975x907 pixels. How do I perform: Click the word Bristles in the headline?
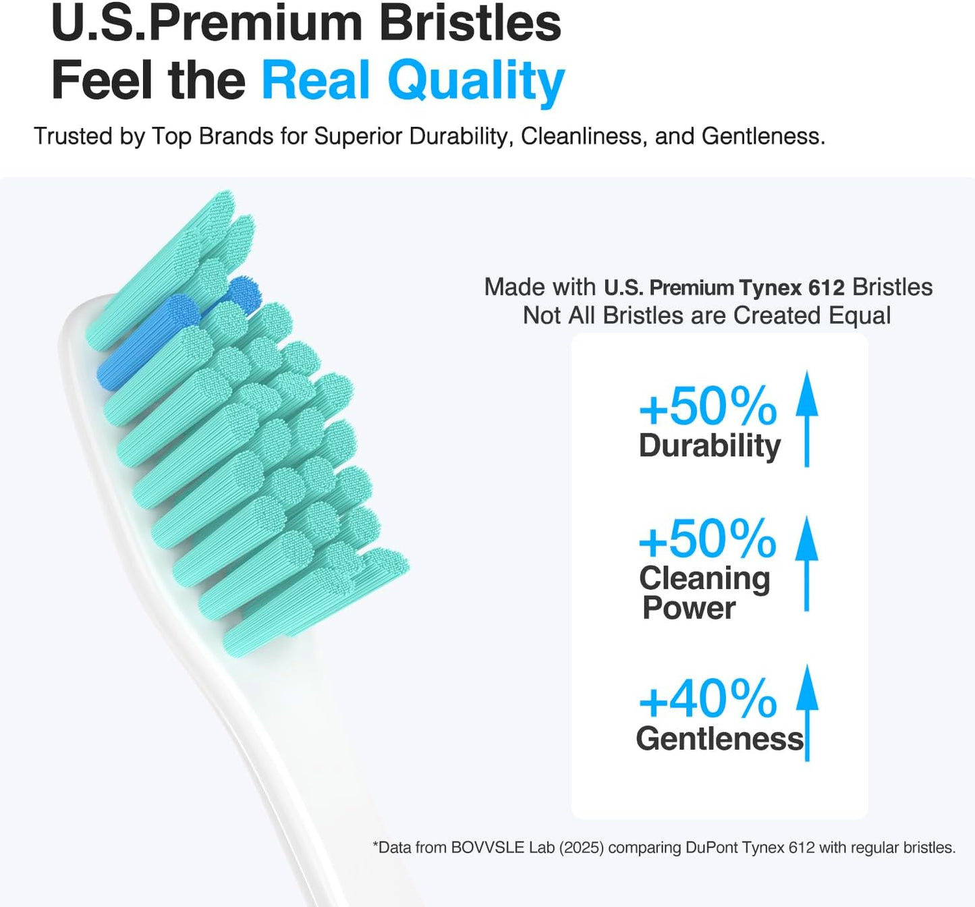pyautogui.click(x=470, y=24)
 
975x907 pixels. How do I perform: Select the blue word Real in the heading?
pyautogui.click(x=316, y=81)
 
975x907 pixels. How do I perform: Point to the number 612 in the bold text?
pyautogui.click(x=826, y=288)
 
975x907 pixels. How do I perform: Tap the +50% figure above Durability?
pyautogui.click(x=708, y=406)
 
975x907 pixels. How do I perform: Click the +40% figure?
pyautogui.click(x=708, y=699)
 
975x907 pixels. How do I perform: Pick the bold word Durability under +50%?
pyautogui.click(x=710, y=446)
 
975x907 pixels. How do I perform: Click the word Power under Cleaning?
pyautogui.click(x=689, y=608)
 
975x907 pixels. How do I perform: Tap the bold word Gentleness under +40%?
pyautogui.click(x=720, y=739)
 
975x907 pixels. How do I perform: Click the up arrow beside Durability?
pyautogui.click(x=806, y=418)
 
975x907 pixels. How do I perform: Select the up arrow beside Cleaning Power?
pyautogui.click(x=806, y=564)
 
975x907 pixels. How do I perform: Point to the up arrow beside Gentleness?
pyautogui.click(x=807, y=713)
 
